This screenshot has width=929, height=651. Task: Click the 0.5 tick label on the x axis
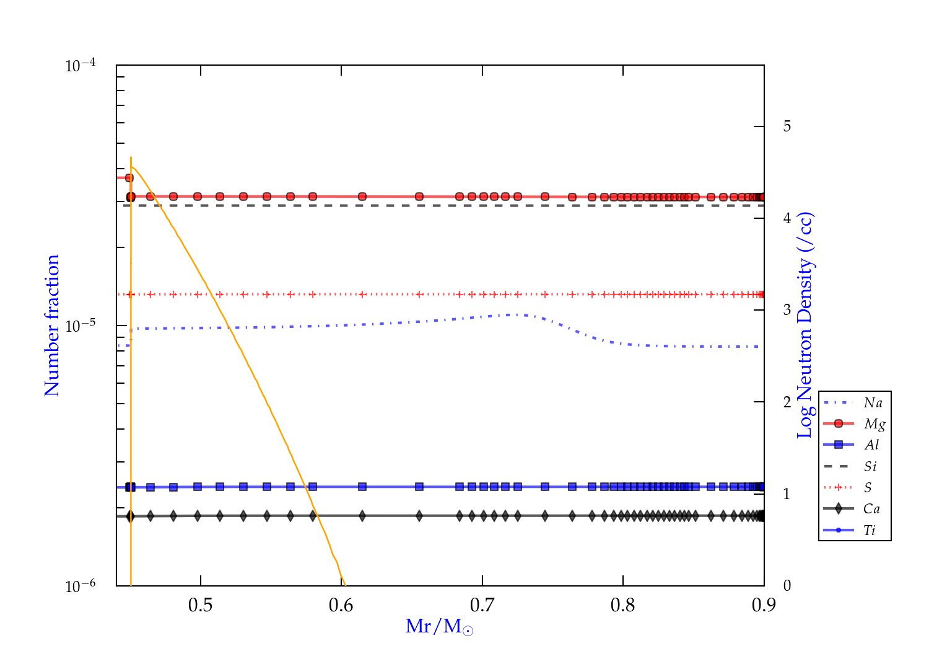pos(200,605)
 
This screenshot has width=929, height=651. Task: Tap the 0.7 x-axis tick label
pos(482,605)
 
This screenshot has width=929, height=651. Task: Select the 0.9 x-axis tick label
pos(764,605)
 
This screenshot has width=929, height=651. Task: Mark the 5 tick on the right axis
pos(787,126)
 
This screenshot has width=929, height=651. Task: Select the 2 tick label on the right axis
pos(787,402)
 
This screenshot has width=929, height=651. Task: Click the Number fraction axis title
pos(52,325)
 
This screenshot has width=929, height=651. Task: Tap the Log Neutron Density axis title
pos(805,325)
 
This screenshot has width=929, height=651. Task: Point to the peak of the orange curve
pos(132,166)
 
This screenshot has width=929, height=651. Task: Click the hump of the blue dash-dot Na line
pos(517,315)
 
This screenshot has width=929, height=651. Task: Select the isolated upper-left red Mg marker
pos(129,178)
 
